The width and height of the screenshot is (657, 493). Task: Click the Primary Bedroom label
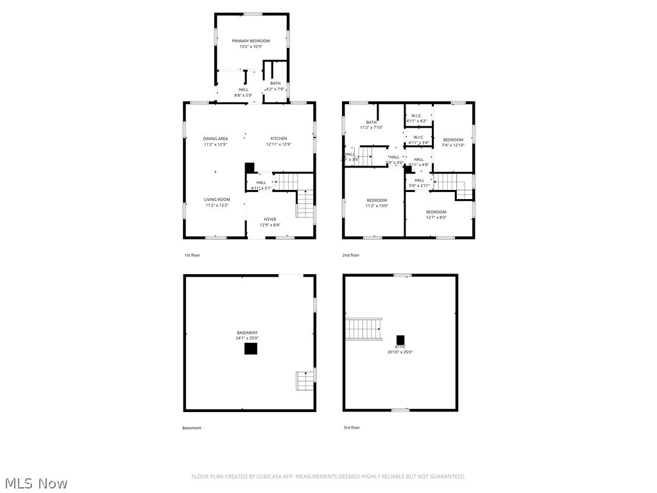tap(251, 41)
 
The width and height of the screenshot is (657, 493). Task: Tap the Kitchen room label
tap(278, 139)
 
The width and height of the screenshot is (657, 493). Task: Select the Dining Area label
tap(216, 139)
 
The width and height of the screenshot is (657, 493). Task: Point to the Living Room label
tap(217, 200)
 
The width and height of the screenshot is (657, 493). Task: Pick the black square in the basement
tap(250, 349)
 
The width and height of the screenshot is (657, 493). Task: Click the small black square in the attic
tap(400, 340)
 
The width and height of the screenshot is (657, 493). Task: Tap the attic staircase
tap(364, 328)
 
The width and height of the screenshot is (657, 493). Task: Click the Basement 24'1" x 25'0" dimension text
tap(247, 338)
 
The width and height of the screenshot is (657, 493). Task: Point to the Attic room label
tap(400, 347)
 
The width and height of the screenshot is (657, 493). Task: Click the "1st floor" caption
tap(192, 255)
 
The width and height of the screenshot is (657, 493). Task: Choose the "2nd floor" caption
tap(350, 255)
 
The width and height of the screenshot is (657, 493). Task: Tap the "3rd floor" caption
tap(351, 428)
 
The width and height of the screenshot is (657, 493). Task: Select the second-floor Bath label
tap(371, 122)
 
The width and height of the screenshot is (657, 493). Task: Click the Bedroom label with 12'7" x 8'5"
tap(436, 212)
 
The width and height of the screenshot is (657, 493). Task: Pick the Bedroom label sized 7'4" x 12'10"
tap(453, 140)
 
